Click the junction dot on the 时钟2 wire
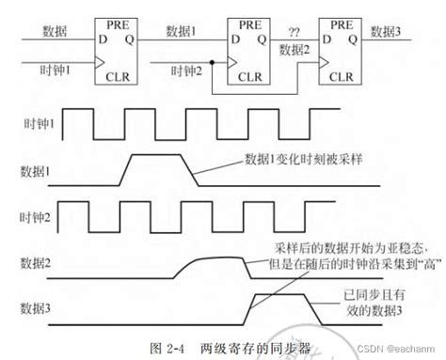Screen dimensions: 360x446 tap(212, 61)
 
